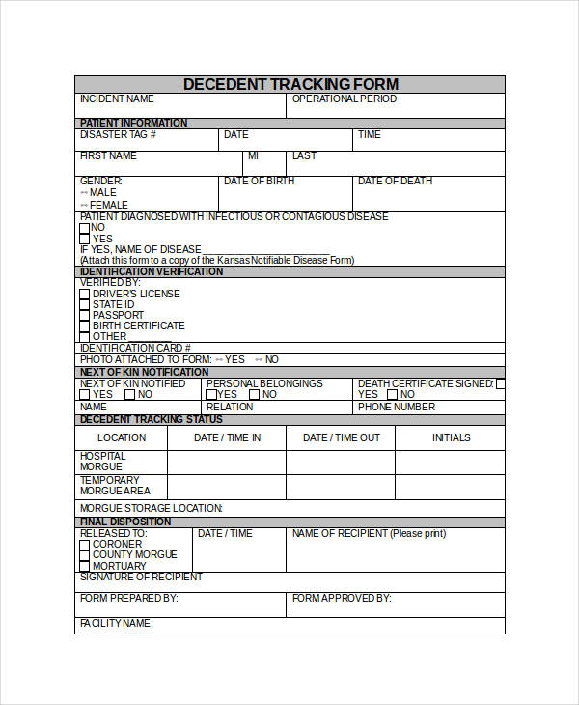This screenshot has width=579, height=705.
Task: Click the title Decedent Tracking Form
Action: tap(289, 84)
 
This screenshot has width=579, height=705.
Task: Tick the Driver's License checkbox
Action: tap(85, 294)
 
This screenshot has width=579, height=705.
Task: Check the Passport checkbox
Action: tap(85, 315)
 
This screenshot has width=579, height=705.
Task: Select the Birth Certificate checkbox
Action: tap(85, 325)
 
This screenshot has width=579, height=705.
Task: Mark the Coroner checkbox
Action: tap(85, 544)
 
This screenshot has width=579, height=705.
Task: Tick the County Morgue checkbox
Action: tap(85, 554)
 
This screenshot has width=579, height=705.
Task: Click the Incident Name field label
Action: tap(117, 99)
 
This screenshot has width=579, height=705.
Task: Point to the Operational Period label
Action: tap(345, 99)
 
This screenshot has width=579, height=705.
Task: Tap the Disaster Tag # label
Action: tap(118, 135)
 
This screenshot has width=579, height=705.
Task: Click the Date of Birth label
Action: tap(259, 182)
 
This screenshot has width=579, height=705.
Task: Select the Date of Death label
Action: tap(395, 182)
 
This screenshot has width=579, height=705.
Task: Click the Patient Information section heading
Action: tap(133, 123)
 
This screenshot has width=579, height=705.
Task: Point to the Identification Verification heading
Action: tap(152, 271)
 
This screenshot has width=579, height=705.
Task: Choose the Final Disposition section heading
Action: tap(125, 522)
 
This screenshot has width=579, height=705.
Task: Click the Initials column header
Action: tap(451, 437)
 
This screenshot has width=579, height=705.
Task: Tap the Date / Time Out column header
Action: tap(342, 437)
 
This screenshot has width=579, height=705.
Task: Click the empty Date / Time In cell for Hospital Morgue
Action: tap(227, 462)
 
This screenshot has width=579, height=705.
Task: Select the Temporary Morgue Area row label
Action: tap(109, 486)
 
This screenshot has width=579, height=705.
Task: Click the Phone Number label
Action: tap(397, 407)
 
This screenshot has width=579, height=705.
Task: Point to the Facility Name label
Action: tap(116, 623)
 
